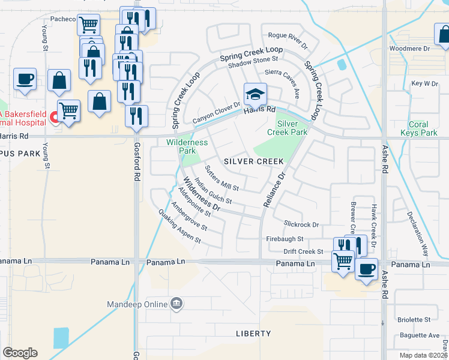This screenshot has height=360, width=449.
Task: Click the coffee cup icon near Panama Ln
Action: [x=366, y=269]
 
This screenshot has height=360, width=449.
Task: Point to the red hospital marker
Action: [x=53, y=116]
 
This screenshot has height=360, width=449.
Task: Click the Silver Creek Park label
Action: [x=292, y=128]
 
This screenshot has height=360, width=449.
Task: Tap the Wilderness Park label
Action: [x=187, y=146]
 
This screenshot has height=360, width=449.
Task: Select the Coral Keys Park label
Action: [x=418, y=128]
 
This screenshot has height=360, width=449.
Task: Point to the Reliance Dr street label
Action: [x=273, y=190]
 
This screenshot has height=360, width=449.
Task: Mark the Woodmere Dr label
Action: [x=410, y=48]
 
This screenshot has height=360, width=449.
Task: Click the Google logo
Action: [x=20, y=353]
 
